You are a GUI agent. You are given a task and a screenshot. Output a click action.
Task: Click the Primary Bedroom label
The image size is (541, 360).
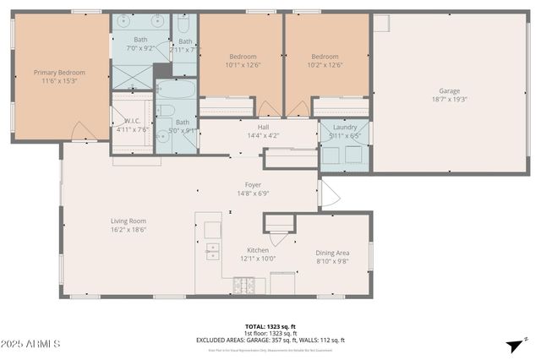pyautogui.click(x=59, y=73)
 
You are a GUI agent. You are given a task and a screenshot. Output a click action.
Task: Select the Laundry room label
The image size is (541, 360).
pyautogui.click(x=344, y=127)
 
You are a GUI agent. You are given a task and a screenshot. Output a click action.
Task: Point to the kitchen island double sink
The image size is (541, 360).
pyautogui.click(x=211, y=251)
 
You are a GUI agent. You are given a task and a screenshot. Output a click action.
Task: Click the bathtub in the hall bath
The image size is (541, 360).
pyautogui.click(x=176, y=89)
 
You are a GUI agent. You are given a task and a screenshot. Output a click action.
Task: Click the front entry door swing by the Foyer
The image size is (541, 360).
pyautogui.click(x=328, y=195)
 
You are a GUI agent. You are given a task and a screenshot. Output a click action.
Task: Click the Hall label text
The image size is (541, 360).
pyautogui.click(x=252, y=127)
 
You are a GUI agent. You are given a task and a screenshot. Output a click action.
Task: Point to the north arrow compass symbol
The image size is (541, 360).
pyautogui.click(x=512, y=345)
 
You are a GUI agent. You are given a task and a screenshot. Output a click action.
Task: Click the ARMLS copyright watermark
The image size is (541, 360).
pyautogui.click(x=30, y=344)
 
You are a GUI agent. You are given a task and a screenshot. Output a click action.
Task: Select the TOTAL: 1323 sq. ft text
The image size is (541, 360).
pyautogui.click(x=270, y=325)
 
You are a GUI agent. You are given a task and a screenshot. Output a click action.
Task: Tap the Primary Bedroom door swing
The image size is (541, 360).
pyautogui.click(x=83, y=131)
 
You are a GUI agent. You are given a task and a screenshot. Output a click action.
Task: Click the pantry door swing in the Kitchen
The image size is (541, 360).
pyautogui.click(x=278, y=238)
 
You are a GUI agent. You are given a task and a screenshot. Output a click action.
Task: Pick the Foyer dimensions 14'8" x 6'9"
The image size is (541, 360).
pyautogui.click(x=253, y=193)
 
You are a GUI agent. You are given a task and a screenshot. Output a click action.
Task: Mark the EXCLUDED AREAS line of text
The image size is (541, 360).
pyautogui.click(x=270, y=340)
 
